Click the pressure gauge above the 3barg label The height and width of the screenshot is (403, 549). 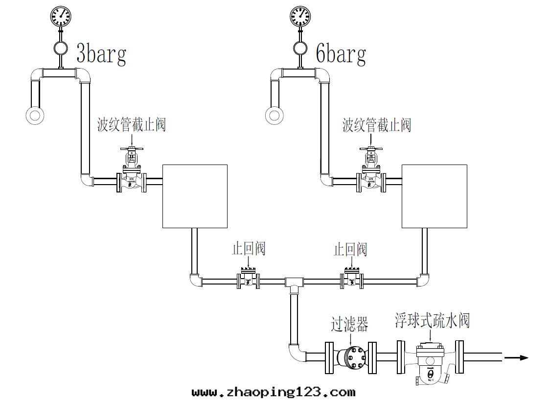pos(61,16)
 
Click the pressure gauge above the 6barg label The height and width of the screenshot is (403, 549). pos(300,16)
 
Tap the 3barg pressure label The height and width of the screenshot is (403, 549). pos(101,54)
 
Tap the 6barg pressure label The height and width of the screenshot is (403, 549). pos(341,54)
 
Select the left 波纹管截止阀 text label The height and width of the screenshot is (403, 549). pos(132,125)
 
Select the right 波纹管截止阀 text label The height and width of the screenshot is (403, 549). pos(377,125)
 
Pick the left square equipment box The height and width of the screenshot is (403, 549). pos(195,196)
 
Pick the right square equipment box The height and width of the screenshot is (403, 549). pos(434,196)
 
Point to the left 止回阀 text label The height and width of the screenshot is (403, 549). pos(249,249)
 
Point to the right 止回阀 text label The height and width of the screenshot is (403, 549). pos(350,249)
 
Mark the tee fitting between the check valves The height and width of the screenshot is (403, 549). pos(294,283)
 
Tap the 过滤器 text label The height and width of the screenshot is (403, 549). pos(349,324)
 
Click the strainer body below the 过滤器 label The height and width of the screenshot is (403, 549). pos(352,357)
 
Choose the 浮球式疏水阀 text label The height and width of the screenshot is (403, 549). pos(433,321)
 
